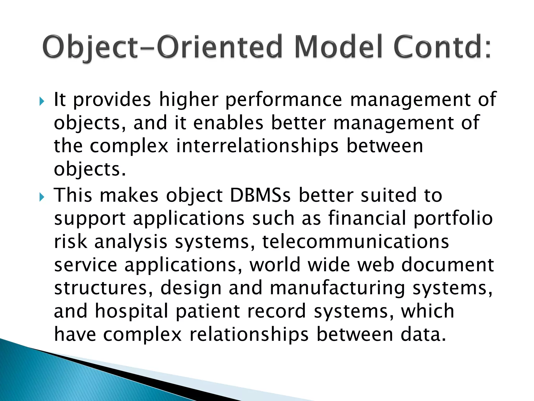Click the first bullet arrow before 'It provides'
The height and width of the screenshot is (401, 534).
click(42, 101)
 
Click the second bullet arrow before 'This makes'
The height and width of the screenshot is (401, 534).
click(42, 197)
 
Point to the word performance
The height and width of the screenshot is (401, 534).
click(283, 100)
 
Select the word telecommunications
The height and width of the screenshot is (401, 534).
click(355, 242)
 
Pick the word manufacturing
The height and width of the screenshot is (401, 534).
click(337, 288)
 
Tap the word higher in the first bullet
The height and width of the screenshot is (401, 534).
click(189, 100)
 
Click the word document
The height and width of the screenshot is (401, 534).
click(447, 265)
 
